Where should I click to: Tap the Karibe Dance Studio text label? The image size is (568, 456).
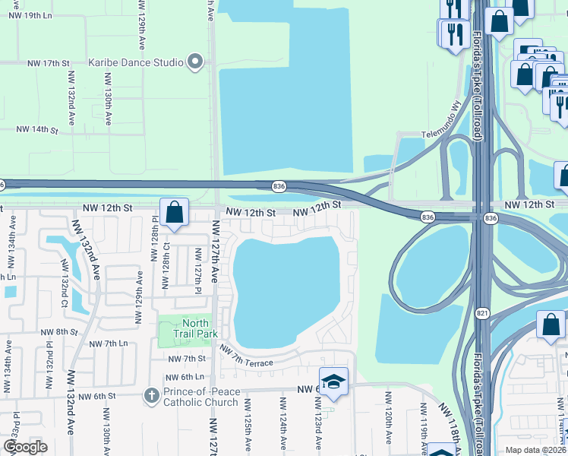coord(136,62)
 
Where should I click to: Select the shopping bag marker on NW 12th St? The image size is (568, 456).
coord(174,213)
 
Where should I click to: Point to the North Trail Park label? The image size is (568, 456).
coord(191,329)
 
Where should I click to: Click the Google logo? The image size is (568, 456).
coord(25,446)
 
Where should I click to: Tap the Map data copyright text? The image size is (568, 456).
coord(536,449)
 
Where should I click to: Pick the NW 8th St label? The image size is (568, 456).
coord(59,332)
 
